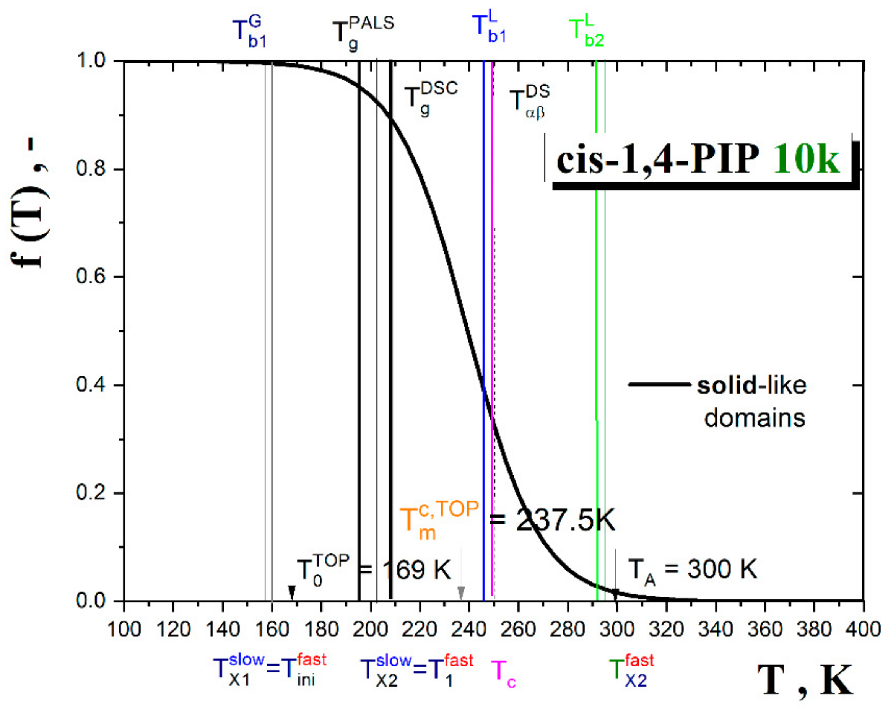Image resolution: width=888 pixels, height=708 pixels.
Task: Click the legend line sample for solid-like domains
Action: pos(659,384)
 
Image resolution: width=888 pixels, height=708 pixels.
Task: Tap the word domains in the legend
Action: pos(755,418)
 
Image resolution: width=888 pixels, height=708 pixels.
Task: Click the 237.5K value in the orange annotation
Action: pos(565,520)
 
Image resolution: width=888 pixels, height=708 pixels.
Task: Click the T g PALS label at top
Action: pos(363,33)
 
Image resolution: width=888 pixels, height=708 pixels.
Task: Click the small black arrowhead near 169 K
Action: pos(292,592)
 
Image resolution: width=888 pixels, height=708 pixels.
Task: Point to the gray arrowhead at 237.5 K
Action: pos(461,592)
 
